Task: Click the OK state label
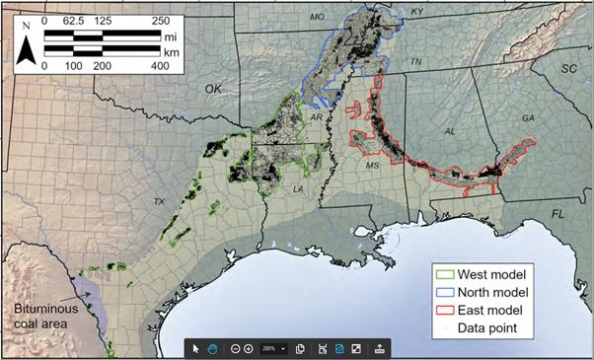[213, 89]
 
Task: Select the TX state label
[158, 201]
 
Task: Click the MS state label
[371, 166]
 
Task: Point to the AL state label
[450, 130]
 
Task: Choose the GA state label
[528, 118]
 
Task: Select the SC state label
[568, 69]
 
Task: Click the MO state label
[317, 17]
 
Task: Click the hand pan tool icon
[211, 349]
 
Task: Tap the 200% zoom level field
[271, 349]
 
